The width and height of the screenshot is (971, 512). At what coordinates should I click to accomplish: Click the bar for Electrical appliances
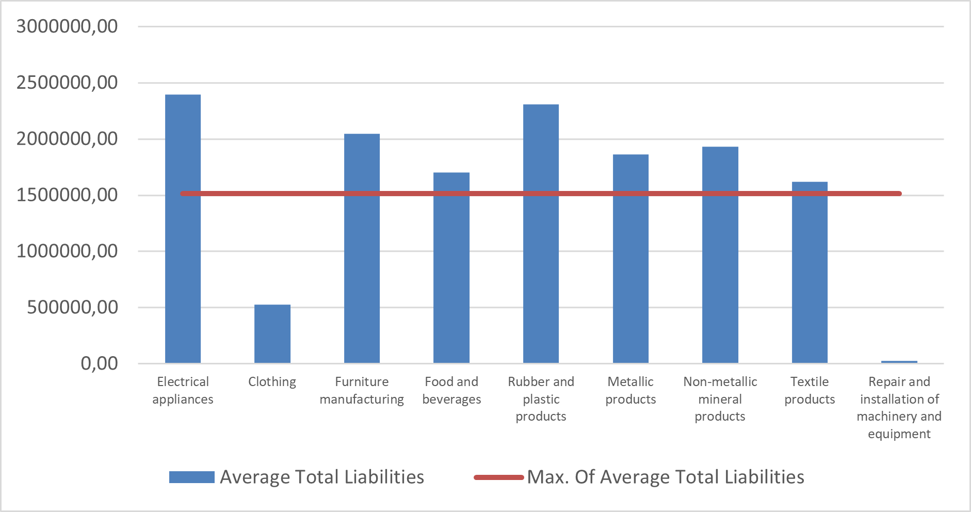183,229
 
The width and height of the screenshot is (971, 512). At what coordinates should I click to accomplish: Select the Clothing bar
272,334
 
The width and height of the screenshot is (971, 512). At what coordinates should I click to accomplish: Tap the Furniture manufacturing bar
362,248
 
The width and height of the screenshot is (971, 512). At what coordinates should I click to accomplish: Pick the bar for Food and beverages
451,268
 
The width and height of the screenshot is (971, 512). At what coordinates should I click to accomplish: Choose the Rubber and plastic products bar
541,234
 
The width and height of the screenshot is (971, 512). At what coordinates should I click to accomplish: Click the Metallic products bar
630,259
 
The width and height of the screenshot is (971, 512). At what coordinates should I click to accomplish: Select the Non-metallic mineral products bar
720,255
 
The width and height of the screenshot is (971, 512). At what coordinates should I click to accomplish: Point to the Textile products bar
810,273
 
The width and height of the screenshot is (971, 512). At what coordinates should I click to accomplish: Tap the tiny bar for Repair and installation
899,362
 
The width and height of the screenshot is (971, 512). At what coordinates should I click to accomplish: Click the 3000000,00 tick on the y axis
67,26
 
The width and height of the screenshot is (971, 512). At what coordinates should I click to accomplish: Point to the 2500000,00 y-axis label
67,82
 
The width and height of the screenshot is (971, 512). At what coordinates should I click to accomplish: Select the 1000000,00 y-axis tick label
67,251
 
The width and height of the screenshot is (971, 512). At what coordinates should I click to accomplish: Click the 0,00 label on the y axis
99,363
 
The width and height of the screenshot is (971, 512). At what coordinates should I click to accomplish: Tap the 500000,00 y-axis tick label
73,307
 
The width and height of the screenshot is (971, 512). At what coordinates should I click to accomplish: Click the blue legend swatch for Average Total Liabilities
192,477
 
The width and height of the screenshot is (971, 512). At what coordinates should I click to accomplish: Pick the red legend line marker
499,477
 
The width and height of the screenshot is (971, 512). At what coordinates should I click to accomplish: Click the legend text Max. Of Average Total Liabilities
666,477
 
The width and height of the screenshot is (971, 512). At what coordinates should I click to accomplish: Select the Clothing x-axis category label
272,382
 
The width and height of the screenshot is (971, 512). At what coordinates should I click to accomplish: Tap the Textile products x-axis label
810,390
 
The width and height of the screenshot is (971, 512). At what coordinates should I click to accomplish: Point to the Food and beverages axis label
451,390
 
